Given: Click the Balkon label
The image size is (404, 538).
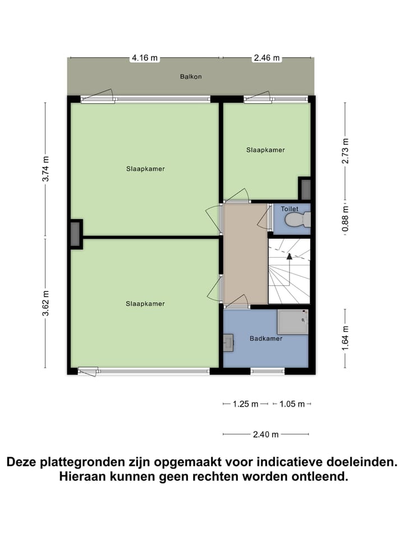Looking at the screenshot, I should coord(191,77).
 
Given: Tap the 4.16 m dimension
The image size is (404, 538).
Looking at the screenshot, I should coord(144,58).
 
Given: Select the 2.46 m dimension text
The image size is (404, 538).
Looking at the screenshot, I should coord(267,58).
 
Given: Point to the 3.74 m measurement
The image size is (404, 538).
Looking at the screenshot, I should coord(46,169).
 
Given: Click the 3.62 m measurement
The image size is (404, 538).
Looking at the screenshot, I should coord(46,303).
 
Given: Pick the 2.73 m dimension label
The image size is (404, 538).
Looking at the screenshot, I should coord(345,150).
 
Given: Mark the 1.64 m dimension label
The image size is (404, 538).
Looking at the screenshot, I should coord(345,338).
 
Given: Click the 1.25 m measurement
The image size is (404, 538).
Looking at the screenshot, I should coord(246,404).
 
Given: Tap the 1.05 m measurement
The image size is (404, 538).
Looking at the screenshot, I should coord(292,404).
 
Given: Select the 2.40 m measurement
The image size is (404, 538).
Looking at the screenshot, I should coord(266,434).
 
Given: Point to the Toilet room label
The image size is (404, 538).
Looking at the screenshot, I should coord(290,208).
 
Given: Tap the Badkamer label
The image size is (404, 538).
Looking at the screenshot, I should coord(266,338).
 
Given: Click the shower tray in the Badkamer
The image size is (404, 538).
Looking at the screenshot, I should coord(292,322).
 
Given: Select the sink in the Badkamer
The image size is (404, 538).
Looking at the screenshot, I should coord(228,341).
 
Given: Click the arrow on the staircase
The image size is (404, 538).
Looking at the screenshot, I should coord(290,256).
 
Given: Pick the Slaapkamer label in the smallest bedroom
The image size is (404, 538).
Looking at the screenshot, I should coord(265,150).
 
